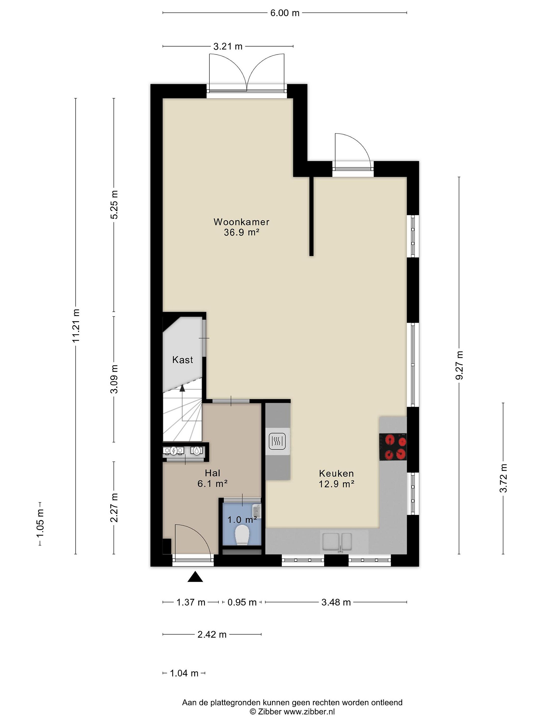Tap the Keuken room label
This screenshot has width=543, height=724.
336,473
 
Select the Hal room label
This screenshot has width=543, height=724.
212,473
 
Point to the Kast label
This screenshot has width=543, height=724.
183,360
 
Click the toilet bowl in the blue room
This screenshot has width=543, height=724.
242,534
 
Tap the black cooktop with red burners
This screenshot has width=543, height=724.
393,447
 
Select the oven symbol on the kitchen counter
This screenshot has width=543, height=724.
278,441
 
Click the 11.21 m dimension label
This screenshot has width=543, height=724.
76,326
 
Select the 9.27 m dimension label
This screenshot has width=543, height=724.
459,365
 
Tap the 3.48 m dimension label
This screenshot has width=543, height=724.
336,602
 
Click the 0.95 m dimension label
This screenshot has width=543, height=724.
242,602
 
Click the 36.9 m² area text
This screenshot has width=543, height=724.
242,232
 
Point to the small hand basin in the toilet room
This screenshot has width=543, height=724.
257,511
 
